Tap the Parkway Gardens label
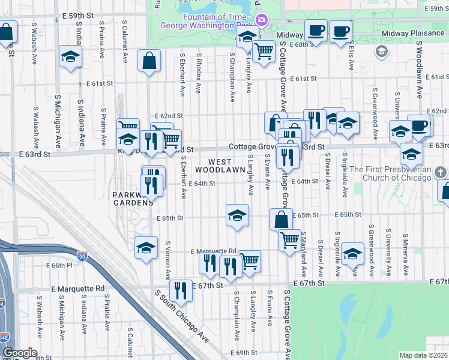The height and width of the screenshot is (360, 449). [132, 199]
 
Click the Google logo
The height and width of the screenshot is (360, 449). [19, 353]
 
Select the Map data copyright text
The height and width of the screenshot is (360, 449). [423, 355]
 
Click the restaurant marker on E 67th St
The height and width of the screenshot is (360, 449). [180, 291]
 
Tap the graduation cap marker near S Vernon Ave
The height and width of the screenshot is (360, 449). [146, 247]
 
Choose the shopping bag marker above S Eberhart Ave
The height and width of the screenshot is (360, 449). [148, 60]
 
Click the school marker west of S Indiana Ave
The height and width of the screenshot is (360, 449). [70, 58]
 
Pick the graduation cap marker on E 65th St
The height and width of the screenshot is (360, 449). [237, 215]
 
